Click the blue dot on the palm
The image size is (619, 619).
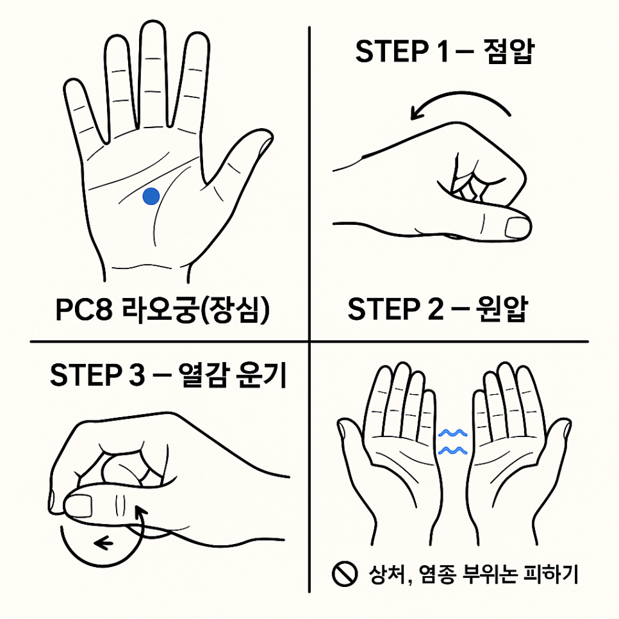click(x=151, y=196)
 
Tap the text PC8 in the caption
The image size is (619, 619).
click(x=84, y=309)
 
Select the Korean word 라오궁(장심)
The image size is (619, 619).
click(x=195, y=309)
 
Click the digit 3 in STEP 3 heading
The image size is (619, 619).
click(x=136, y=375)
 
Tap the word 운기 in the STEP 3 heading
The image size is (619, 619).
click(x=261, y=375)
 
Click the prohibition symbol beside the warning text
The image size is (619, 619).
click(x=345, y=574)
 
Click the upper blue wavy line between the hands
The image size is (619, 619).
click(x=453, y=433)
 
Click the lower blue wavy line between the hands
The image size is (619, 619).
click(x=453, y=450)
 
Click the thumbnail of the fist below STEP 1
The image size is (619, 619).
click(x=518, y=227)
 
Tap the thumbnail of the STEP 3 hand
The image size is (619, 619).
click(x=78, y=506)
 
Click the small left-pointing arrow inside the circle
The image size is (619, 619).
click(x=103, y=543)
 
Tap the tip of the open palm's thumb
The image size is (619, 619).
click(x=270, y=133)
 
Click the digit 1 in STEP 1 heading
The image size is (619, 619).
click(x=443, y=51)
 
